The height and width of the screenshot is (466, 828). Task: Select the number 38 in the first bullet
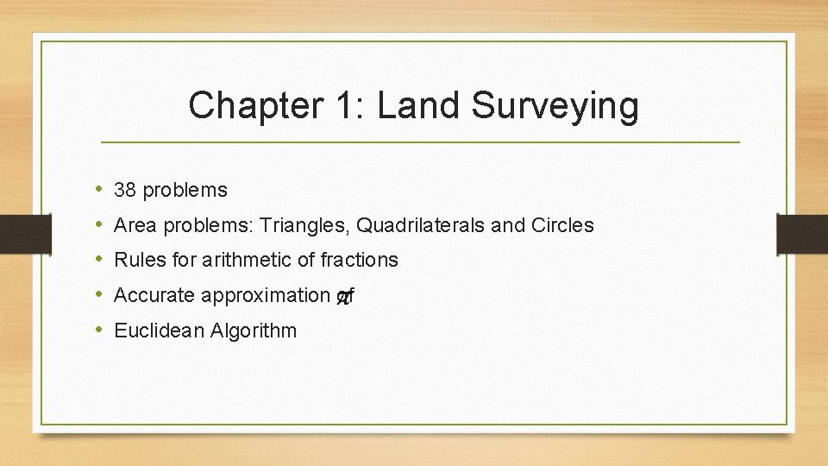126,190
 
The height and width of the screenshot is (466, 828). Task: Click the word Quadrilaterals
420,225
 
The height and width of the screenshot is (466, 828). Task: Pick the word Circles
562,225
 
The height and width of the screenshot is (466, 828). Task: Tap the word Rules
137,260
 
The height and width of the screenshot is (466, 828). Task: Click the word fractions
358,260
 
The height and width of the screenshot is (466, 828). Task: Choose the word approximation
265,296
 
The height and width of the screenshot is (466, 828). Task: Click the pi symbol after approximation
343,297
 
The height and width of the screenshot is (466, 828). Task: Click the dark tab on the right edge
802,233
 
